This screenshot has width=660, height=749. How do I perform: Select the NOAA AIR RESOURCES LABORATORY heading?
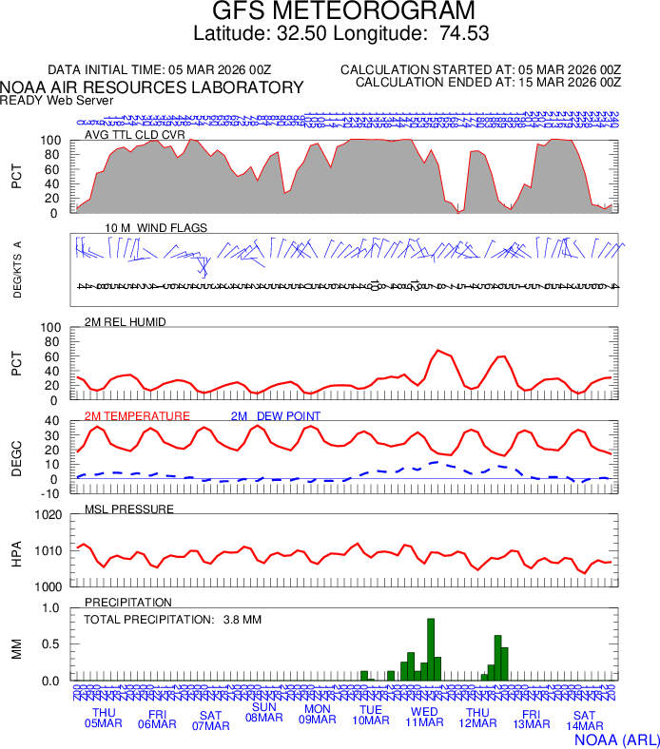pyautogui.click(x=152, y=87)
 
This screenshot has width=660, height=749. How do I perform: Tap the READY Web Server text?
pyautogui.click(x=57, y=100)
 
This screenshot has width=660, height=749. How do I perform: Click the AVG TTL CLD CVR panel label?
pyautogui.click(x=134, y=135)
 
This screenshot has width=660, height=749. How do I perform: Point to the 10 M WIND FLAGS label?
pyautogui.click(x=155, y=228)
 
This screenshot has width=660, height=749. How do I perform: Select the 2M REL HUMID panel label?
pyautogui.click(x=126, y=322)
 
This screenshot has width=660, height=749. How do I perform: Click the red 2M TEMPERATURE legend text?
pyautogui.click(x=137, y=416)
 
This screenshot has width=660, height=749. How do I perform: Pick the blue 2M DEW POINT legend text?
pyautogui.click(x=275, y=416)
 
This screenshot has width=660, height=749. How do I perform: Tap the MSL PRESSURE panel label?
pyautogui.click(x=129, y=509)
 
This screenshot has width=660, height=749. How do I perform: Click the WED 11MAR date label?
pyautogui.click(x=424, y=718)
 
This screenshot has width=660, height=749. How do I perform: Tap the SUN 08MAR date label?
pyautogui.click(x=263, y=713)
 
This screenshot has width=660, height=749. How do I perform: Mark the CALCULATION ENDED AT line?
pyautogui.click(x=488, y=83)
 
